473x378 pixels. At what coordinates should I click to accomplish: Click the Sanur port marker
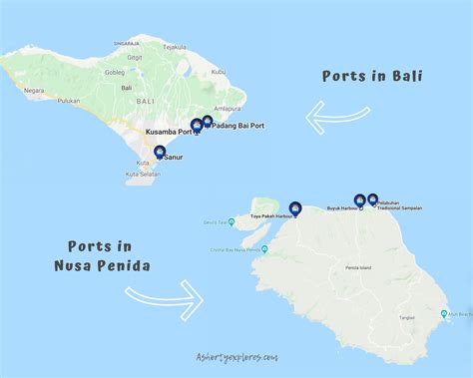[x=160, y=152]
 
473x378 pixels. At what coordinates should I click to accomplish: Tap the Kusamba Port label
[x=167, y=132]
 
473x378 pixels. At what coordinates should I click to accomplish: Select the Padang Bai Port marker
[x=208, y=123]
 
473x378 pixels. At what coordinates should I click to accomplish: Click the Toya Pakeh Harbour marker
[x=293, y=208]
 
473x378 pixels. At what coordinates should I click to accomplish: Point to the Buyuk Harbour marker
[x=359, y=199]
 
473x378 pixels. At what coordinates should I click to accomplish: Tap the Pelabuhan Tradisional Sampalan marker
[x=373, y=199]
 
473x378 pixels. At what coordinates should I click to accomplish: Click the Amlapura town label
[x=228, y=108]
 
